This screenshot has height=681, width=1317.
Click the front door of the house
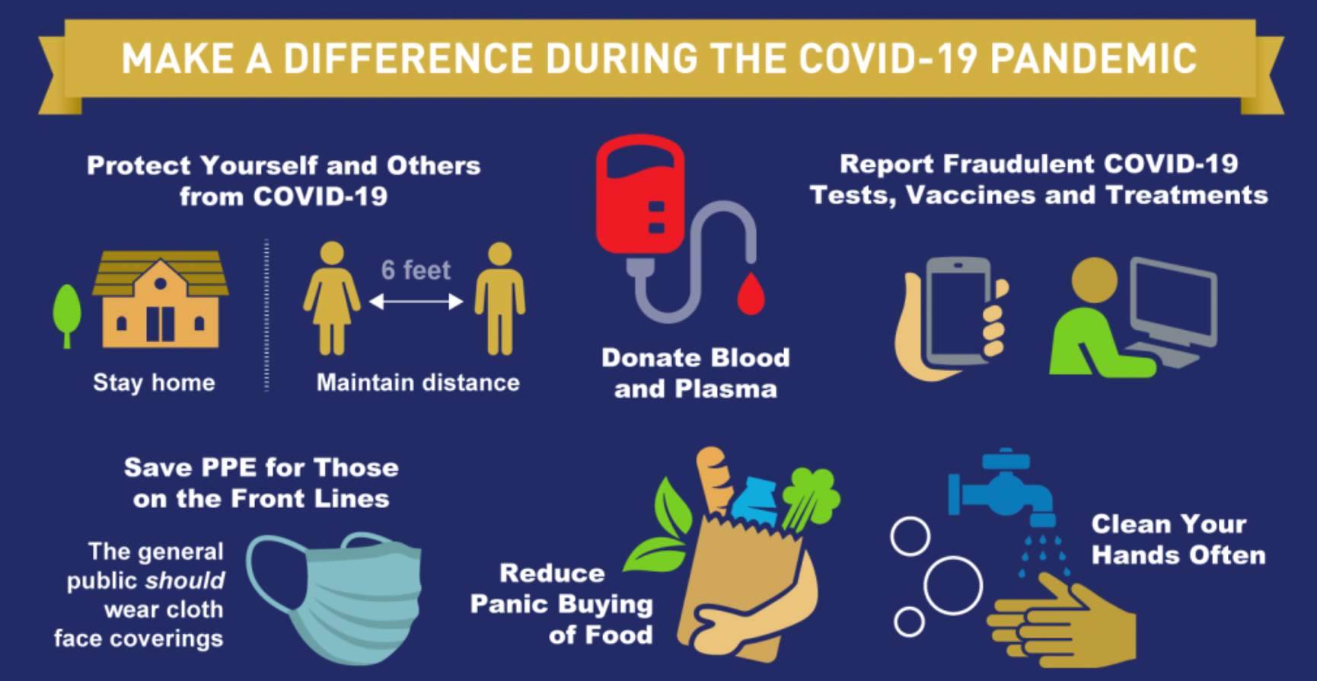coord(160,324)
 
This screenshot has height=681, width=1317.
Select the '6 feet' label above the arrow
coord(416,270)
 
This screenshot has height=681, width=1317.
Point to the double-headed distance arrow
coord(416,302)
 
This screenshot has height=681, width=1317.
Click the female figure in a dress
coord(332,298)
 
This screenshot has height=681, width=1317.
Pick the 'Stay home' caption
coord(154,382)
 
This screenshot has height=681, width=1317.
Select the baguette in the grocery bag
coord(714,480)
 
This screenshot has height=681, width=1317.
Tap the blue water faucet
coord(1001,488)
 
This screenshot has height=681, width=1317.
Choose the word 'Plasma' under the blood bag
coord(726,389)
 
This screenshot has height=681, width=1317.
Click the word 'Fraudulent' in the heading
coord(1019,164)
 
